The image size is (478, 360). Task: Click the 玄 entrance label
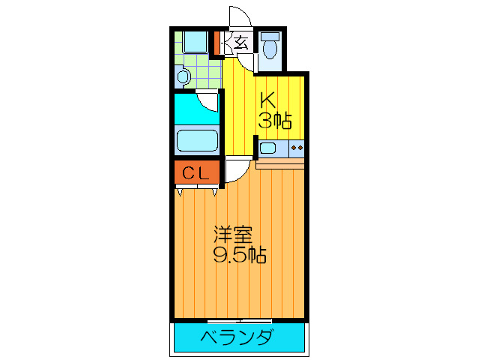pos(240,42)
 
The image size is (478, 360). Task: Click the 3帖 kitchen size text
pos(275,120)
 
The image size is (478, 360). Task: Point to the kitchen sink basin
pos(267,148)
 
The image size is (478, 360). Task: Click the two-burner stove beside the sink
pos(295,148)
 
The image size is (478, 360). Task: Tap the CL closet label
pos(197,174)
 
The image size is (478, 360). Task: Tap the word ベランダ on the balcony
pos(237,338)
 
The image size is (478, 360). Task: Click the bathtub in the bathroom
pos(197,141)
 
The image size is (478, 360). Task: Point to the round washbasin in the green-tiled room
pos(183,76)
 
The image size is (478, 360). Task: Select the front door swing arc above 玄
pos(238,16)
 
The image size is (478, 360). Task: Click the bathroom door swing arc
pos(208,100)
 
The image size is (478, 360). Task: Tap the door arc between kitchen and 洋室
pos(235,171)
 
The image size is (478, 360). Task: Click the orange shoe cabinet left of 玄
pos(218,43)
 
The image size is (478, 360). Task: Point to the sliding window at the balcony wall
pos(240,320)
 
